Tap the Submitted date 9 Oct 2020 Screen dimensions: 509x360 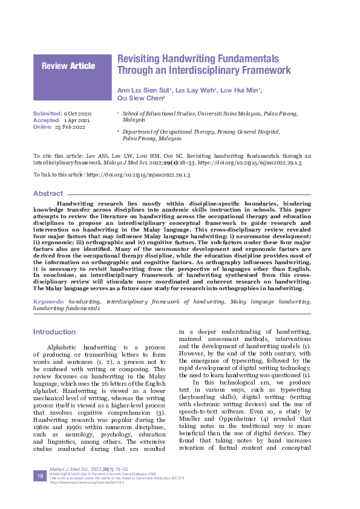77,114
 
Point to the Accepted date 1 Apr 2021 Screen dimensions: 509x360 77,120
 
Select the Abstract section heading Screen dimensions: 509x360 48,193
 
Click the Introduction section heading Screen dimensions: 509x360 54,332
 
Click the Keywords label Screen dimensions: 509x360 49,300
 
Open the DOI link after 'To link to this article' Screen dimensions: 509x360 140,175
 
